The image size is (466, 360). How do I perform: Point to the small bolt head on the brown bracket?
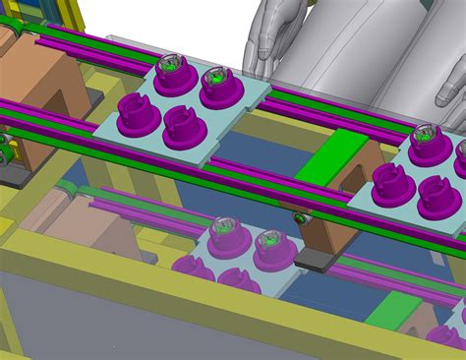pyautogui.click(x=298, y=216)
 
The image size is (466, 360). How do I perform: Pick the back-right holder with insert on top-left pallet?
pyautogui.click(x=218, y=86)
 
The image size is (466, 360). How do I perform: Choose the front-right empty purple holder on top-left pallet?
pyautogui.click(x=184, y=125)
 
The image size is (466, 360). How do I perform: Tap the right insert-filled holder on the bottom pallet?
pyautogui.click(x=272, y=246)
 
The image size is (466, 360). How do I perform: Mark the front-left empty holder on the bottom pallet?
pyautogui.click(x=193, y=269)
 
